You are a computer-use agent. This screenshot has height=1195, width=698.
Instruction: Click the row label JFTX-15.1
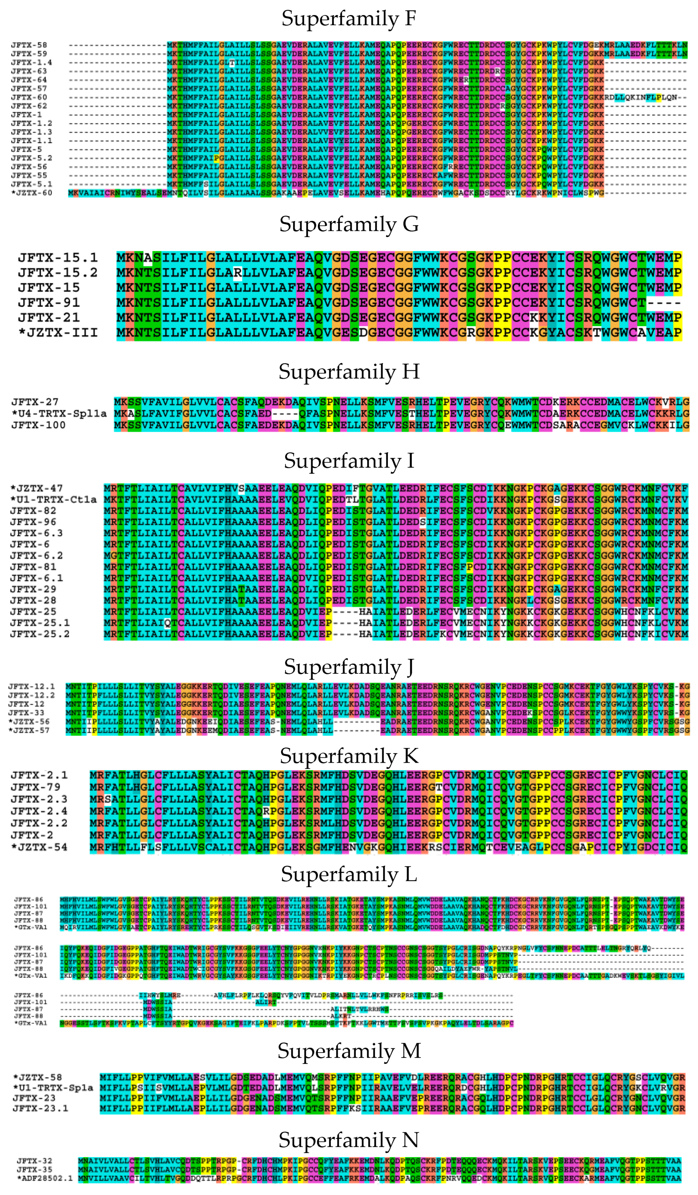[57, 257]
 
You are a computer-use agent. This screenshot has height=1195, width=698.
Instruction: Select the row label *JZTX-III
[57, 333]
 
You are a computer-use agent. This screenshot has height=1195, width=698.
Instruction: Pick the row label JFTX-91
[49, 303]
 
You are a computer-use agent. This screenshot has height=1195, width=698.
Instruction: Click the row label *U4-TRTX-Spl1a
[59, 414]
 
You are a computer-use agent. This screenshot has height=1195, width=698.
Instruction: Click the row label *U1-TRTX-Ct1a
[53, 499]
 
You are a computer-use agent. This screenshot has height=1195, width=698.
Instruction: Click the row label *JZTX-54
[39, 847]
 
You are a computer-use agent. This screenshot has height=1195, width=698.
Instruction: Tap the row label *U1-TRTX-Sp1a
[53, 1088]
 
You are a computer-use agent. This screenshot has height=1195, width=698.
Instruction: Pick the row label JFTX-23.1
[40, 1108]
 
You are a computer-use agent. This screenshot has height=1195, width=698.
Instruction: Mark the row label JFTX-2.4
[39, 811]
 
